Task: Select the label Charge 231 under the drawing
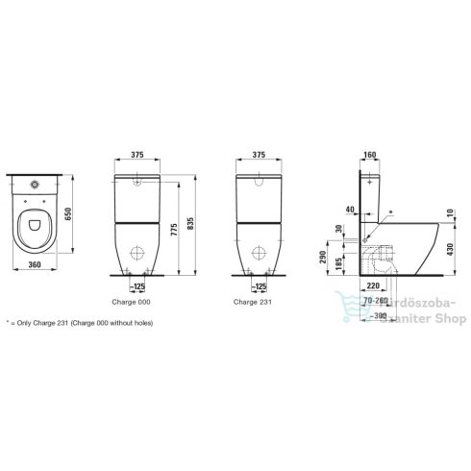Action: tap(251, 300)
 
